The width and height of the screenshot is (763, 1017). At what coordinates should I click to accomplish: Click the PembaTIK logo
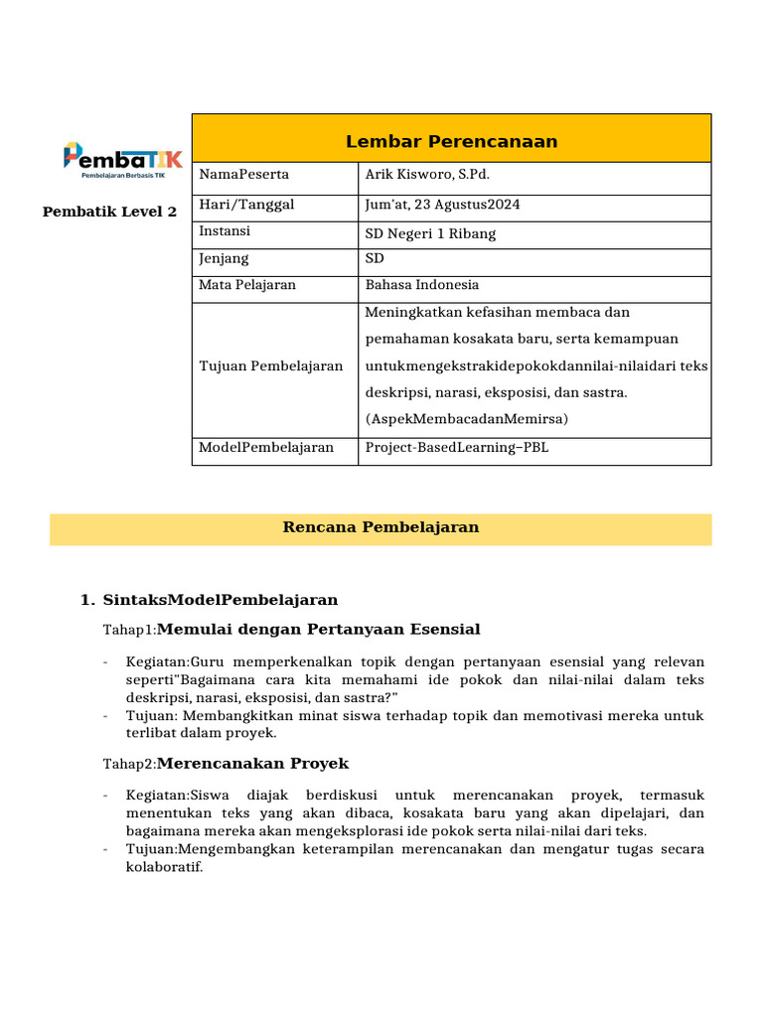pos(122,160)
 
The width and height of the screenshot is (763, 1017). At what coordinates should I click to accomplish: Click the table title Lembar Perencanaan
pos(451,141)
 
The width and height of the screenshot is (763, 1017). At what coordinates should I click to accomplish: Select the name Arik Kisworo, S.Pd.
pos(427,175)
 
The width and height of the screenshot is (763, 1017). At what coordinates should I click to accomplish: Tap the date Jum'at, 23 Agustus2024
pos(442,205)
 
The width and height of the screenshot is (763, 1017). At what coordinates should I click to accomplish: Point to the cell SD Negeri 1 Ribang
pos(430,234)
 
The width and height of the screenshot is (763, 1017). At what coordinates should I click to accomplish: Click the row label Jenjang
pos(226,258)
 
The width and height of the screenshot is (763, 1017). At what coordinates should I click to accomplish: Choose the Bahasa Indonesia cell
pos(421,285)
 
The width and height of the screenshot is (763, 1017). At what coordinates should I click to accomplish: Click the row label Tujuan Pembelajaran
pos(270,365)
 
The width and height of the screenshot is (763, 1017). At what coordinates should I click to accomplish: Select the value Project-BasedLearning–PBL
pos(456,448)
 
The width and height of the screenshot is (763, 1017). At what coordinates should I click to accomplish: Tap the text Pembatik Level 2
pos(109,212)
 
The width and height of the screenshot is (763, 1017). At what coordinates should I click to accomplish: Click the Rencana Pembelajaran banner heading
pos(381,527)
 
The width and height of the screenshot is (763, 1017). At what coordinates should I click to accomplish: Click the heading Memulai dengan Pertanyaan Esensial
pos(318,629)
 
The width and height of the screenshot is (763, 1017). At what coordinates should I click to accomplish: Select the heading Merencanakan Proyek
pos(252,764)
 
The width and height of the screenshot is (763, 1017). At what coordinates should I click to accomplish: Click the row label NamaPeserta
pos(244,175)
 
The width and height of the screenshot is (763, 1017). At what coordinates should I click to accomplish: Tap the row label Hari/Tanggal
pos(246,205)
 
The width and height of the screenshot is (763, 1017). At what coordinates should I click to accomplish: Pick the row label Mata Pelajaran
pos(247,285)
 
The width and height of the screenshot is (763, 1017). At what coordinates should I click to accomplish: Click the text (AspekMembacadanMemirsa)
pos(466,419)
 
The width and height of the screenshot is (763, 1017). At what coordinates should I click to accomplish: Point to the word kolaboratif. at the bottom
pos(164,867)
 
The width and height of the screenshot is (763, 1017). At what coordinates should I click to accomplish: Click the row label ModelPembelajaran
pos(266,448)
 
